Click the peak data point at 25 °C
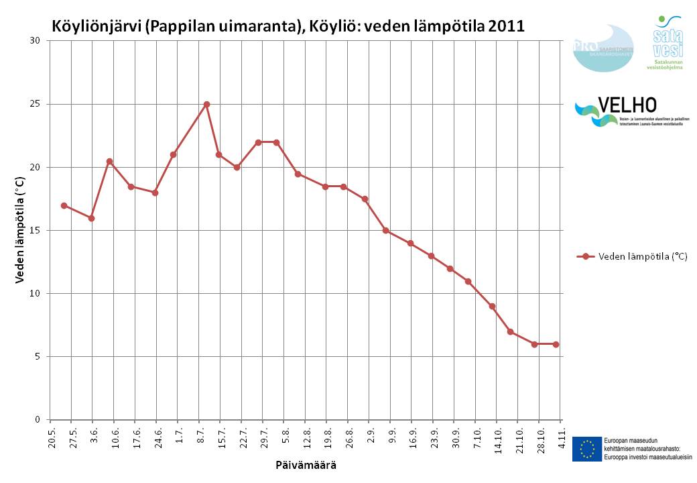point(206,104)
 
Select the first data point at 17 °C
point(64,205)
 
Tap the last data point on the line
point(556,344)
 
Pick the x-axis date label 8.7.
point(200,435)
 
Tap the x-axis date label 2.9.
point(371,435)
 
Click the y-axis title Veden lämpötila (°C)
point(20,230)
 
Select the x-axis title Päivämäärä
point(306,465)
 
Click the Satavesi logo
point(668,42)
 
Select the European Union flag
point(586,449)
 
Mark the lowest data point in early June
point(91,218)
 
